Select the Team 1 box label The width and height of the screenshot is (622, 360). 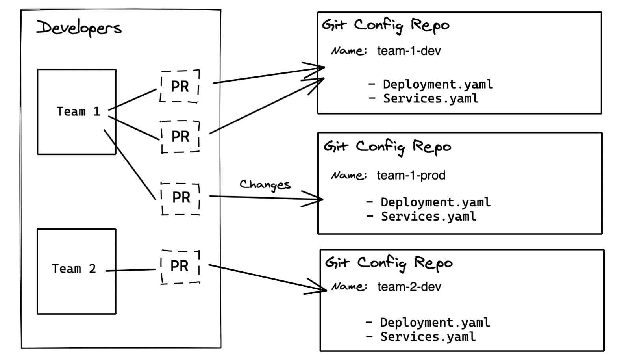point(78,111)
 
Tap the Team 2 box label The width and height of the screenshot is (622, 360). point(74,269)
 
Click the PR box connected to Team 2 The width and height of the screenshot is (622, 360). point(180,267)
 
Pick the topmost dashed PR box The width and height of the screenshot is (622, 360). point(180,86)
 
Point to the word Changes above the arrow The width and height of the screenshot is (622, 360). point(265,184)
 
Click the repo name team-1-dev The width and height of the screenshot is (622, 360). point(409,51)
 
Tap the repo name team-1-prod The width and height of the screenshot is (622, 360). point(411,175)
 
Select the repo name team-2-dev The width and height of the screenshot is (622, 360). point(409,287)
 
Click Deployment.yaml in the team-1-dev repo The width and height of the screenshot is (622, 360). point(437,84)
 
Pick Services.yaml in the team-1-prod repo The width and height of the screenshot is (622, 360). point(428,216)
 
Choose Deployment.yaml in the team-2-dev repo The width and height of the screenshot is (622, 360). point(435,323)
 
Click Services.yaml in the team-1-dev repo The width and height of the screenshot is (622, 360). point(431,98)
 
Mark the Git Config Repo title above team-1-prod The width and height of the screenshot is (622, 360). point(387,147)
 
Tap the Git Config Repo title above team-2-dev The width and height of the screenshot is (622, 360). point(389,263)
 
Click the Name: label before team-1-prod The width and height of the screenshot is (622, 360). point(349,175)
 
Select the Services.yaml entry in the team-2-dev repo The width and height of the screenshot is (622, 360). point(428,337)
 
